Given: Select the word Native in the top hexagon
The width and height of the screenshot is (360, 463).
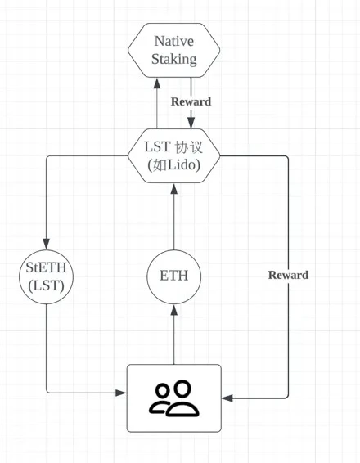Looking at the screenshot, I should coord(174,40).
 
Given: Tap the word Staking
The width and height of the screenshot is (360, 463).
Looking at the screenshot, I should coord(174,59).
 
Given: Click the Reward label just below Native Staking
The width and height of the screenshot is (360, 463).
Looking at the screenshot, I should coord(191,101).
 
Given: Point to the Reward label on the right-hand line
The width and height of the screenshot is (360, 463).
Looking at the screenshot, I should coord(288,275).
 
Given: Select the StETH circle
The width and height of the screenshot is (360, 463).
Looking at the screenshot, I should coord(46,275).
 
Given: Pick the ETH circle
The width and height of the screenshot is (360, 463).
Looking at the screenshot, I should coord(173,275).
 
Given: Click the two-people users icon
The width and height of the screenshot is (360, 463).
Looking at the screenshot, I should coord(173,398).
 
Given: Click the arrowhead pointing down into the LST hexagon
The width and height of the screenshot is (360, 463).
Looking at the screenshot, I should coord(191,123).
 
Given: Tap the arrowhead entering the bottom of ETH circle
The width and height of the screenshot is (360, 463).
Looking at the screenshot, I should coord(173,308).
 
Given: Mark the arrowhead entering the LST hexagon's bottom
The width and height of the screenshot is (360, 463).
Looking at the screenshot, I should coord(173,189).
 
